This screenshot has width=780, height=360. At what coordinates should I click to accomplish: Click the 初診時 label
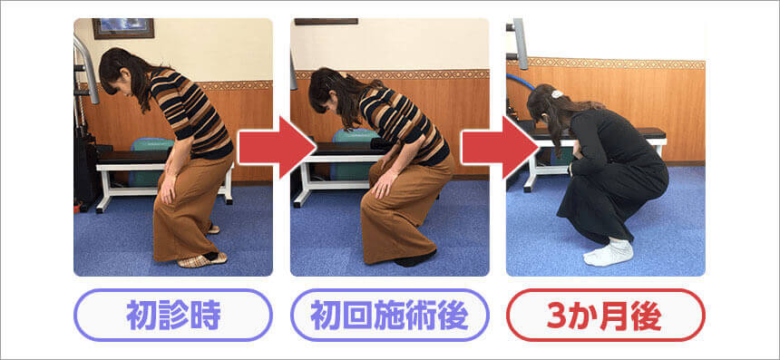click(173, 316)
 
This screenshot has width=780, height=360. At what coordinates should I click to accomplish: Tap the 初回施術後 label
click(389, 316)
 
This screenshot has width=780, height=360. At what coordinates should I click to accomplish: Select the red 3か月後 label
click(605, 316)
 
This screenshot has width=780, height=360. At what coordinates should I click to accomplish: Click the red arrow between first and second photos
click(277, 147)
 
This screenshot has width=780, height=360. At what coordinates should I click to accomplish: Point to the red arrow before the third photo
click(500, 147)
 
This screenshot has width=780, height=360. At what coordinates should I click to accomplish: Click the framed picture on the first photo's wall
click(123, 28)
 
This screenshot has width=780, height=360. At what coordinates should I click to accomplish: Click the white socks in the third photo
click(609, 252)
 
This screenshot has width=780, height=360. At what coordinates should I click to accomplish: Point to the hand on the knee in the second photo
click(382, 184)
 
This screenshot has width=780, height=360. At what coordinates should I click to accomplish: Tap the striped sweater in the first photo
click(191, 114)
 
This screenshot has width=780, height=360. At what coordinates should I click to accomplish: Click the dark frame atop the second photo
click(326, 22)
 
